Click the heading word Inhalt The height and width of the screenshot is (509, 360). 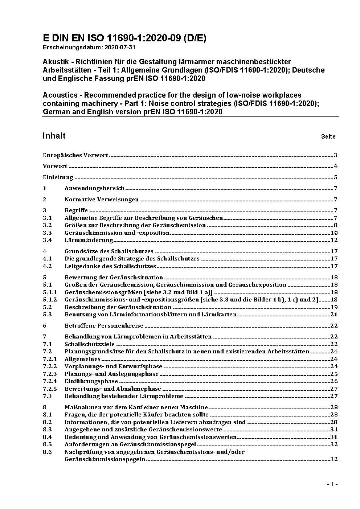point(54,136)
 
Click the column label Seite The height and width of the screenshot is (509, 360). point(328,137)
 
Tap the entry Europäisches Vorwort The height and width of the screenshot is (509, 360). point(75,155)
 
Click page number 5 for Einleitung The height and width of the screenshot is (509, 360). point(336,177)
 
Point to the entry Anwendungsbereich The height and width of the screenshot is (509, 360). point(94,188)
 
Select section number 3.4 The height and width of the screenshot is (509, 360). point(47,240)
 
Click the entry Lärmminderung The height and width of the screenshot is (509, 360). point(89,240)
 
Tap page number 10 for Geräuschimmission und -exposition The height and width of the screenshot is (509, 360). point(334,233)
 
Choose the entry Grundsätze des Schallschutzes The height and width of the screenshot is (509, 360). point(109,251)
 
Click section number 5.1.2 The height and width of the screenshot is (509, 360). point(50,300)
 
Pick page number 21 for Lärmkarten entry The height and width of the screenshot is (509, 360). point(334,315)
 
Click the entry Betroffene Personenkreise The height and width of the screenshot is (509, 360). point(104,326)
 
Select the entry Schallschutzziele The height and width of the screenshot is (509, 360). point(89,344)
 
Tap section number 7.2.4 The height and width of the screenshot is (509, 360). point(50,381)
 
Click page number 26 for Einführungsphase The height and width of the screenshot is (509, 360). point(334,381)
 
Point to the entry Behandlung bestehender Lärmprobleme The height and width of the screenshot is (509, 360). point(124,396)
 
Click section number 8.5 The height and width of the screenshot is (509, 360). point(47,444)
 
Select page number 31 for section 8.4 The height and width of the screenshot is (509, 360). point(334,437)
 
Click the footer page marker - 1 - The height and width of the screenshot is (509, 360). point(332,484)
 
